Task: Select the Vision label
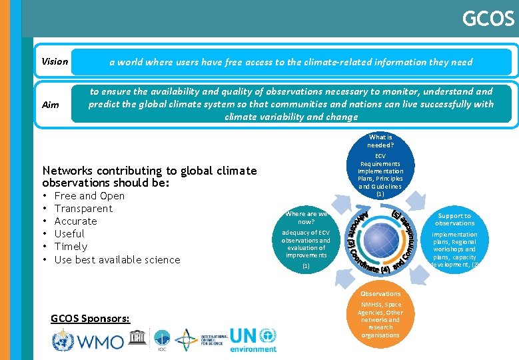(55, 62)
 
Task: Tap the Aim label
(50, 105)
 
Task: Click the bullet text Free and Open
(89, 196)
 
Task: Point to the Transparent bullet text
(83, 209)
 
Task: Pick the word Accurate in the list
(75, 221)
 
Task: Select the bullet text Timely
(71, 247)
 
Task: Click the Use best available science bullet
(117, 260)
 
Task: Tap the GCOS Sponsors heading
(90, 319)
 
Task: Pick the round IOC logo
(161, 338)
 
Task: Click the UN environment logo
(253, 339)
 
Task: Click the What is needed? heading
(380, 141)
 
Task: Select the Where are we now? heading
(306, 218)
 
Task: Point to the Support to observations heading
(455, 220)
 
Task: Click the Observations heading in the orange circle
(380, 294)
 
